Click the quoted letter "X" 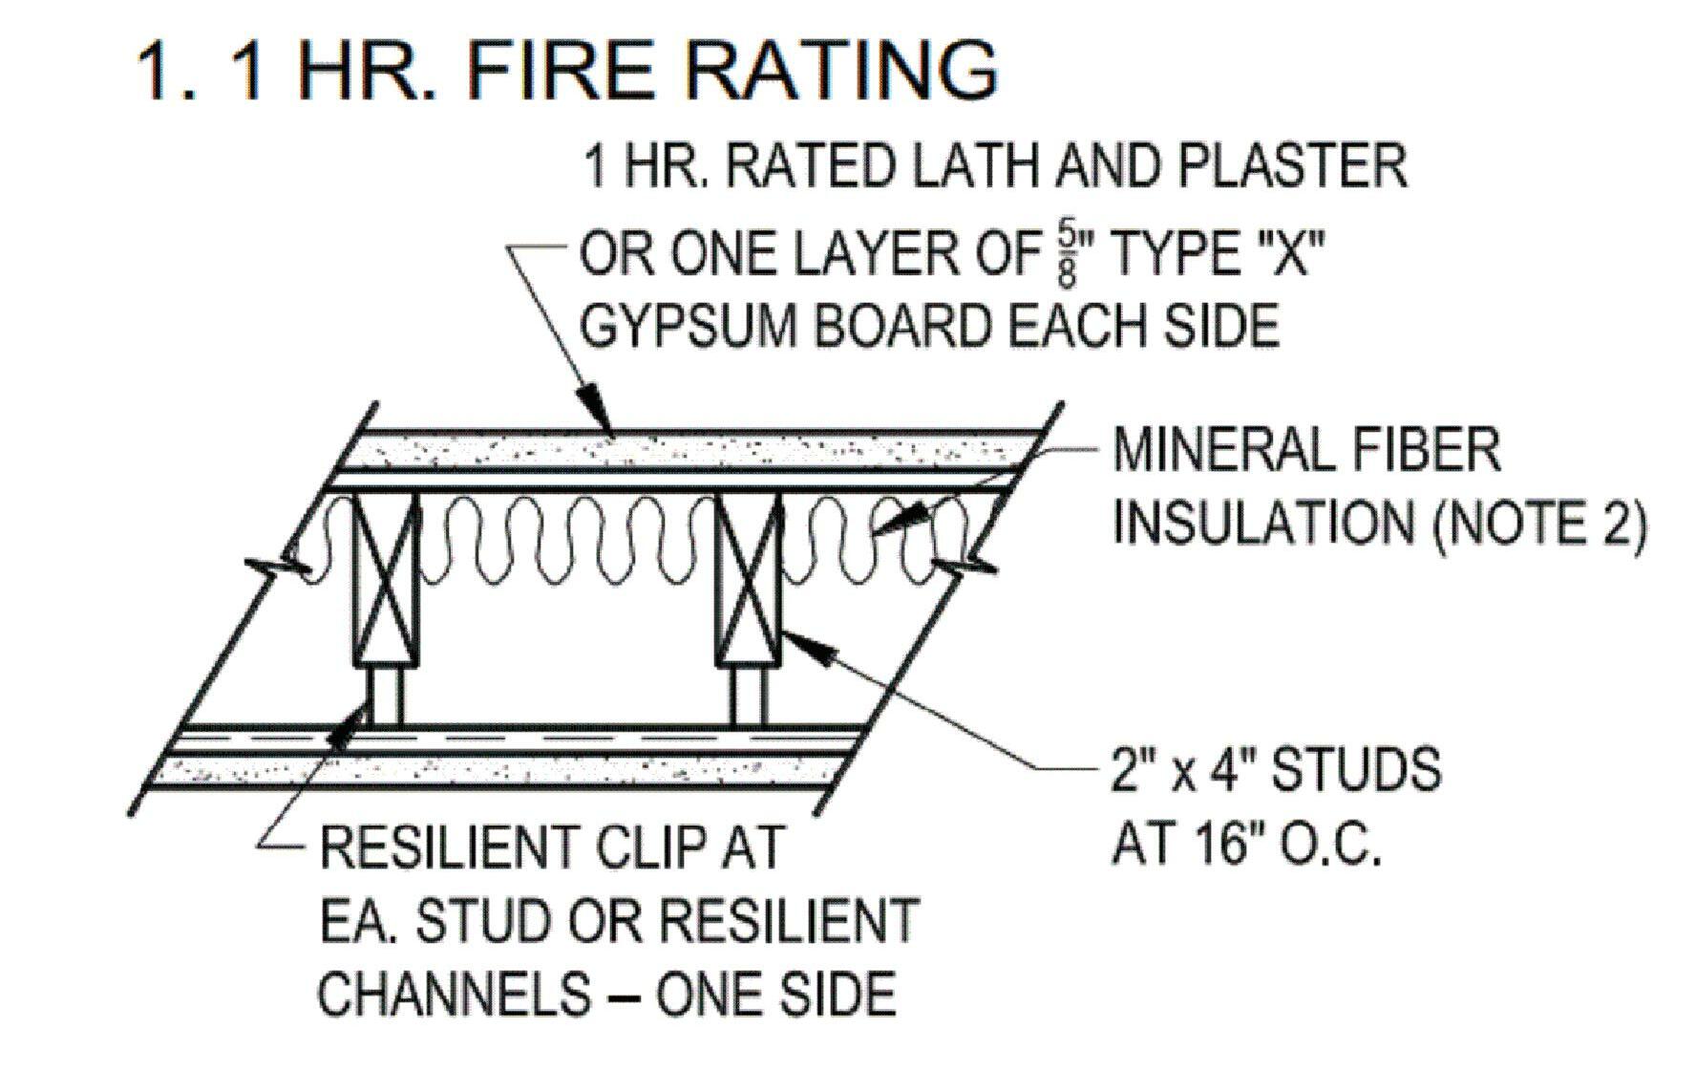[x=1291, y=255]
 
